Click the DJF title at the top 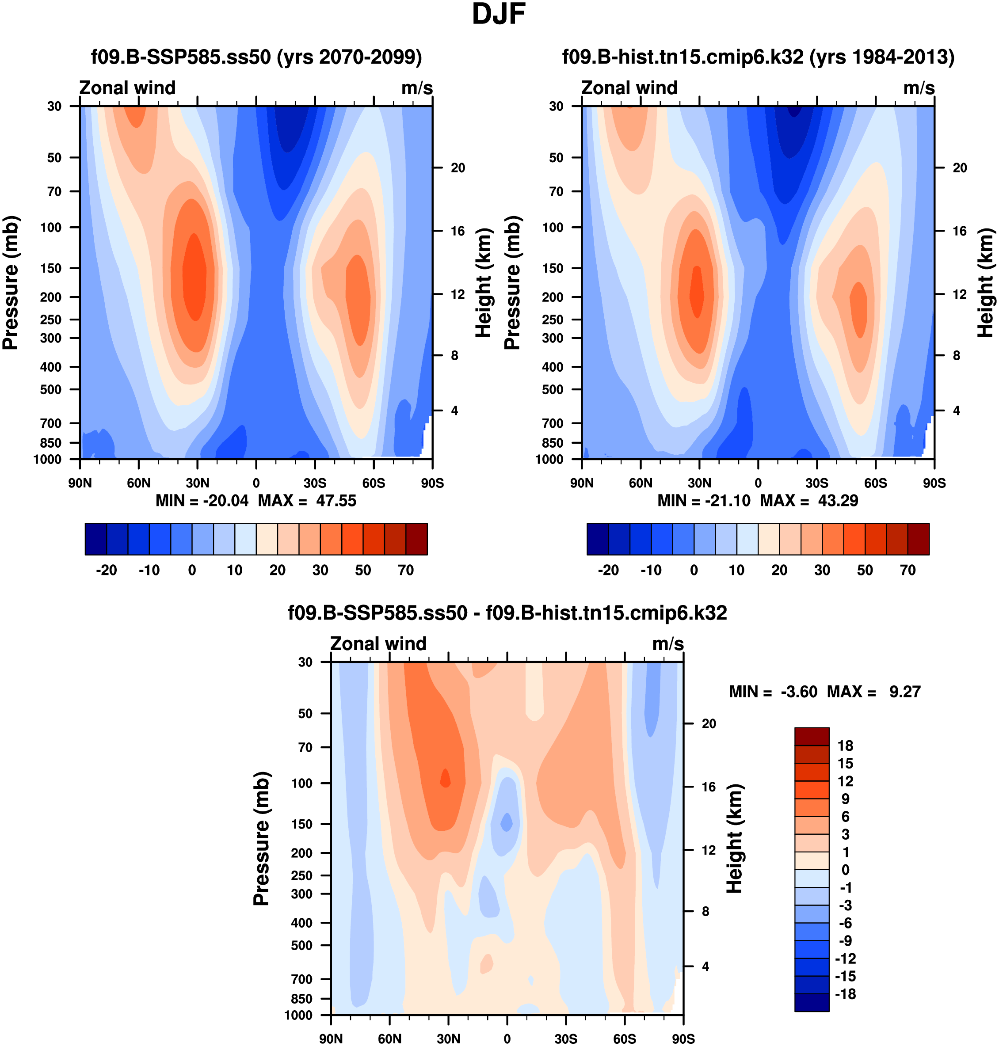499,15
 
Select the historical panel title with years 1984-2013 758,57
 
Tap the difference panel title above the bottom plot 507,612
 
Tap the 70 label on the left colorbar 406,570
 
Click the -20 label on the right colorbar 608,570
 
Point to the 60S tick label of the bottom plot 624,1038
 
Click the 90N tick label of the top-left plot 80,483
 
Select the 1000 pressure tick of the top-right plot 549,460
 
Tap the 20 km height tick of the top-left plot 458,167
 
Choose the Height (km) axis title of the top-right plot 985,283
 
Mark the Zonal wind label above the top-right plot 629,88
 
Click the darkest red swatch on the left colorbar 416,539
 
